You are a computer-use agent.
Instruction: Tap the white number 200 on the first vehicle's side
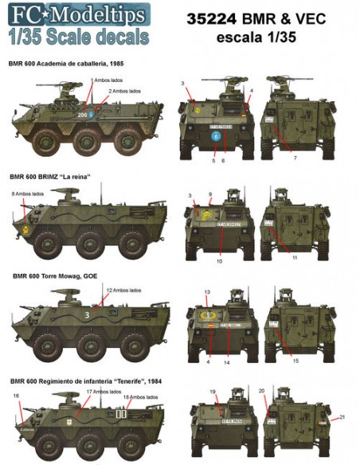coord(81,115)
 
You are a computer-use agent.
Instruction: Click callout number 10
coord(219,260)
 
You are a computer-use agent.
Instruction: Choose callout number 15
coord(295,361)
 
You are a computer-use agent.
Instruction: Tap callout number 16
coord(16,395)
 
